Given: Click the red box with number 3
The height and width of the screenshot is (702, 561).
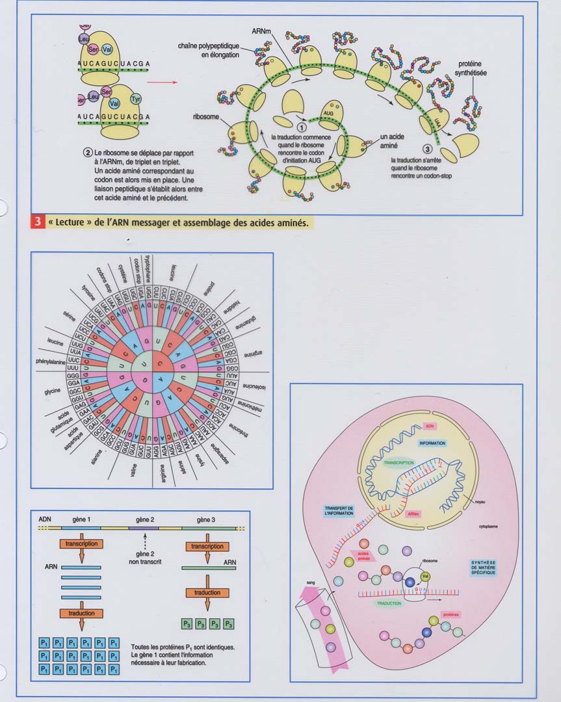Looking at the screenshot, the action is pyautogui.click(x=36, y=222).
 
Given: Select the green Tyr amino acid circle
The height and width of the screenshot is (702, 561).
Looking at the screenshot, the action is pyautogui.click(x=136, y=99).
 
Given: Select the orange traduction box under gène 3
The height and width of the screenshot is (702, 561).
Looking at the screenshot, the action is pyautogui.click(x=207, y=593).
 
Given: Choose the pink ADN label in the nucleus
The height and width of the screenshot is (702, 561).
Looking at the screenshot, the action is pyautogui.click(x=428, y=426).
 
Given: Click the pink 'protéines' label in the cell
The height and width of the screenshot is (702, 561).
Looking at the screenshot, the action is pyautogui.click(x=450, y=614).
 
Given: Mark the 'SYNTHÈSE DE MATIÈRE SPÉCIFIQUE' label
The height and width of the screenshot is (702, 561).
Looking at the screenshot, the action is pyautogui.click(x=483, y=567).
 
